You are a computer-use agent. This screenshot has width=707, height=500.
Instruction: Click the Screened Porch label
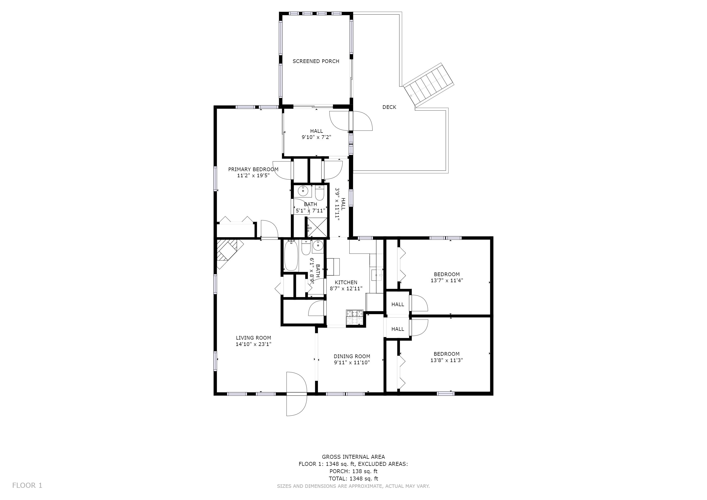(316, 61)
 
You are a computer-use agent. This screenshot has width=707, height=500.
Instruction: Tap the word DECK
(389, 107)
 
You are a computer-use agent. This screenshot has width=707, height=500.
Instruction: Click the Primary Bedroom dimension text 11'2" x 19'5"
(253, 176)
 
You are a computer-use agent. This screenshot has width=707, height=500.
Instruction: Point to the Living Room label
(253, 338)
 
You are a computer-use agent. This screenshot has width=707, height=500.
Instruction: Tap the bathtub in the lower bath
(291, 256)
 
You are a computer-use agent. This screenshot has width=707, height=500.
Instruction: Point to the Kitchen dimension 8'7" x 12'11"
(346, 289)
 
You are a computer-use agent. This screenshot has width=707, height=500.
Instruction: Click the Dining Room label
(352, 356)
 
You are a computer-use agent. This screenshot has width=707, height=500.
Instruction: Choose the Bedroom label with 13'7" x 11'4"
(447, 274)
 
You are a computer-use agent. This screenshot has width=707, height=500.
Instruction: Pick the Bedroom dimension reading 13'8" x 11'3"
(447, 360)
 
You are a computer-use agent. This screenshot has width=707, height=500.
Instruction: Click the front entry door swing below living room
(297, 394)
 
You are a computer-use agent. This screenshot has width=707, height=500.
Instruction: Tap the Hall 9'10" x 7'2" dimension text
(317, 137)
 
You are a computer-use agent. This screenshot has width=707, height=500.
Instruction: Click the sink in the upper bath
(303, 191)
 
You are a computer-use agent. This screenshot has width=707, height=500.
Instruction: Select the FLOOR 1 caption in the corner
(27, 486)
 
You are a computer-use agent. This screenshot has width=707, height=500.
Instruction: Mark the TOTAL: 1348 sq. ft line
(353, 479)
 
